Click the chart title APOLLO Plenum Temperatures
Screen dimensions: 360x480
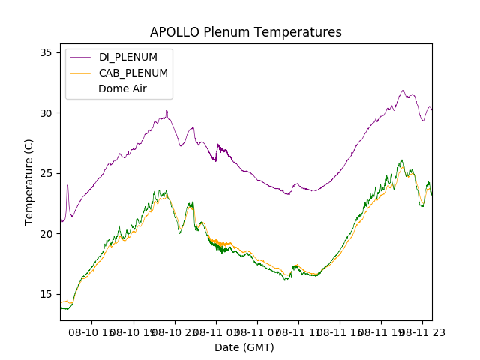245,32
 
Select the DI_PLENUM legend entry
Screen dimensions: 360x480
128,57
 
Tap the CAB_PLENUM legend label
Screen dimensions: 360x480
133,73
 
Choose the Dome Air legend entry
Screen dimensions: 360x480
122,88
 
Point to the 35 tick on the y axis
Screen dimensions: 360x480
46,52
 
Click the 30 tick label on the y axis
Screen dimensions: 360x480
46,113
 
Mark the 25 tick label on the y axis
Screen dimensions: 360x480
46,173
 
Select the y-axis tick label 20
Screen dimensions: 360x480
46,234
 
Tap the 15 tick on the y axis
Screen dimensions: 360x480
46,294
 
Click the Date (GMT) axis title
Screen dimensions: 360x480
244,347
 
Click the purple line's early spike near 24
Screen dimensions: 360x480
67,185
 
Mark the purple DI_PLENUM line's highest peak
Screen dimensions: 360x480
403,91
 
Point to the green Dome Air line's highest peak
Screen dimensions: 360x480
401,160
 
